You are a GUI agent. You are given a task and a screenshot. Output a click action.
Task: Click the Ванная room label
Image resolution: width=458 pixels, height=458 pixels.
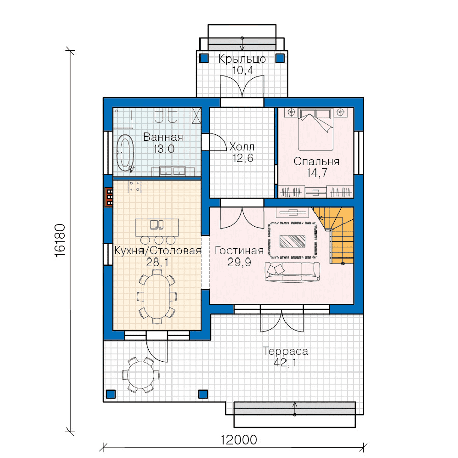point(163,137)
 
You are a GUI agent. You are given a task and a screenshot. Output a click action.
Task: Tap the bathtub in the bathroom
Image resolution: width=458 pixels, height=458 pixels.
point(125,153)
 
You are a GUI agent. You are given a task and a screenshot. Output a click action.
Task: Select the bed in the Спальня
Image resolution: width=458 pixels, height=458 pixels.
point(316,129)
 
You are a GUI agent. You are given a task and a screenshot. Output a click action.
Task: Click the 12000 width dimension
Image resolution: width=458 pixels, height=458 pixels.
point(238,440)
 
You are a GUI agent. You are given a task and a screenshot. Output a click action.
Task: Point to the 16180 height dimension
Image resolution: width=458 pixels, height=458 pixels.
point(60,240)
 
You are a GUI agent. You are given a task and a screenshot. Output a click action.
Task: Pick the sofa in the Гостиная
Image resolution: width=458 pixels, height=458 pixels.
point(292,272)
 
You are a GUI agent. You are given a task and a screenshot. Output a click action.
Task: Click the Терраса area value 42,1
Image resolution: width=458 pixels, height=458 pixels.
point(285,362)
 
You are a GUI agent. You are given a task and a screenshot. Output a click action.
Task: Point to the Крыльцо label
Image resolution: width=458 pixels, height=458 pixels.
point(242,59)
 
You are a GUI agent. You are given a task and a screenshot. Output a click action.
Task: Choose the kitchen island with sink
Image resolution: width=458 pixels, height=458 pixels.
point(157,227)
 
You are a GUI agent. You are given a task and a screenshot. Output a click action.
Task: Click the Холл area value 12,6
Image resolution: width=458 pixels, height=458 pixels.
point(243,158)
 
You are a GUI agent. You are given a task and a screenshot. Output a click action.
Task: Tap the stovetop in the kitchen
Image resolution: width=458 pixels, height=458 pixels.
point(134,186)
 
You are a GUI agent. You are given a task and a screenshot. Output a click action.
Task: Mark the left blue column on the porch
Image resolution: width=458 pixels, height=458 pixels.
point(204,59)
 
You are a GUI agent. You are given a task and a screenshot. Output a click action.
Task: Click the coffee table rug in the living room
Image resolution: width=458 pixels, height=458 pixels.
point(293,241)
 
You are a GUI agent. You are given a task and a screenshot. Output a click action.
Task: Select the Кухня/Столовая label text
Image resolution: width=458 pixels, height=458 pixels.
point(158,250)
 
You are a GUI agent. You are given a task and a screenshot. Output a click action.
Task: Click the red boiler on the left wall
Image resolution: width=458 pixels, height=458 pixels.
point(109,197)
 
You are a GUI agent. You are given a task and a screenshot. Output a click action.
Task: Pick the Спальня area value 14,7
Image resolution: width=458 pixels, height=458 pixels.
point(317,173)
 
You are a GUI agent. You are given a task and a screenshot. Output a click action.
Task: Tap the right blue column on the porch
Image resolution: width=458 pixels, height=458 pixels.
point(280,59)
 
